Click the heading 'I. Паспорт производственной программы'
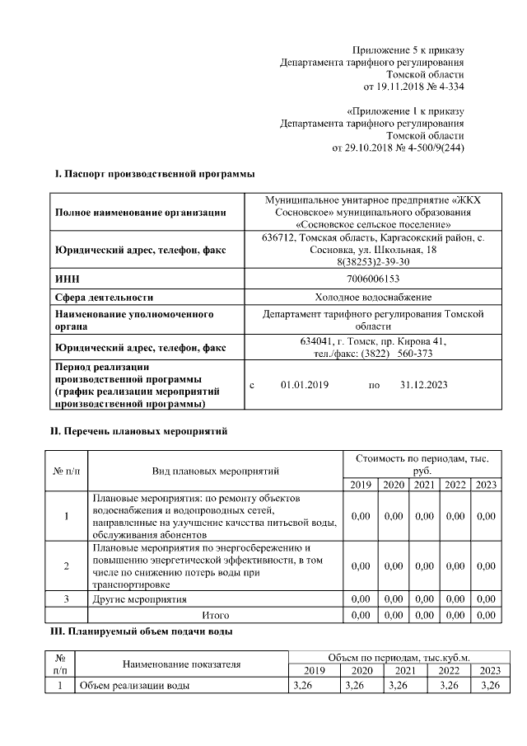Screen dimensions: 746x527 154,174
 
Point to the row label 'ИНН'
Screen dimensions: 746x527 66,279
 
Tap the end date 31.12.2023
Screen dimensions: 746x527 423,385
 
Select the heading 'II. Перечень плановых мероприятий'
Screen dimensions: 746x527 139,431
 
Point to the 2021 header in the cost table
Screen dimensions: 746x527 424,484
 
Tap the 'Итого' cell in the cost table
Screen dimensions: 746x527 216,615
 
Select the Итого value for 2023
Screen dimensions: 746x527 486,615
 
